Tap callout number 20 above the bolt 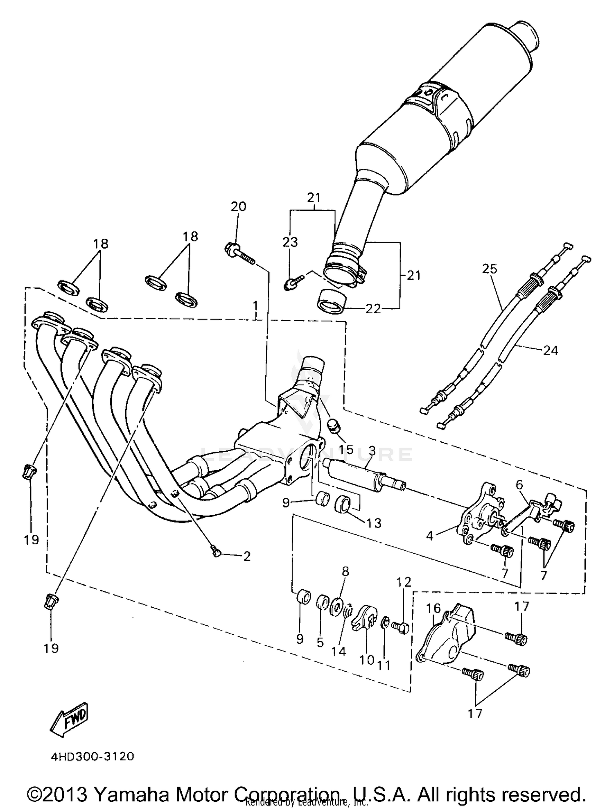click(x=239, y=206)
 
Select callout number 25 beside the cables click(x=489, y=269)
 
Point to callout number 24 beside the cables click(x=550, y=350)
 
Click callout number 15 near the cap click(x=346, y=449)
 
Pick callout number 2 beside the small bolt click(x=247, y=556)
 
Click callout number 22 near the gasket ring click(x=373, y=308)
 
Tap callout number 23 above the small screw click(x=290, y=242)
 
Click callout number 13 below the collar click(x=374, y=523)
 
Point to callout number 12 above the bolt click(x=404, y=581)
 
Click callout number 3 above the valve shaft click(x=372, y=451)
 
